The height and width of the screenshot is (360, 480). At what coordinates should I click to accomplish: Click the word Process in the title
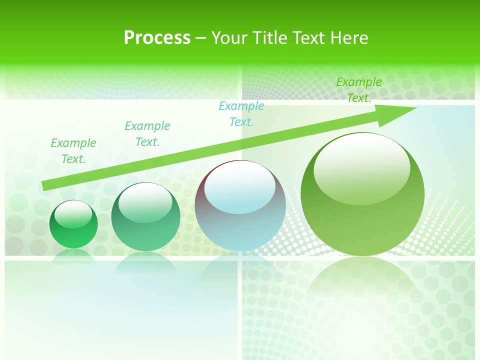[x=157, y=38]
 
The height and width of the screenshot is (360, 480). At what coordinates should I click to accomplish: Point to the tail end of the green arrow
[x=45, y=185]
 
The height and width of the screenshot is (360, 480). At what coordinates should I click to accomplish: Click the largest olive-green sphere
[x=362, y=220]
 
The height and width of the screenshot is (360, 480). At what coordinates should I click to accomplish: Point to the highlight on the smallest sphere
[x=73, y=214]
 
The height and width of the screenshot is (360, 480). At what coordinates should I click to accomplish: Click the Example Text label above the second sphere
[x=147, y=134]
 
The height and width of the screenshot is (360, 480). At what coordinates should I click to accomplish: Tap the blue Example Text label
[x=241, y=114]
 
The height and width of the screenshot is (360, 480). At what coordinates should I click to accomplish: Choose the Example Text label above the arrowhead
[x=359, y=90]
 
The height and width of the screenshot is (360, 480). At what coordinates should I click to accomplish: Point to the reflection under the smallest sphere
[x=73, y=255]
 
